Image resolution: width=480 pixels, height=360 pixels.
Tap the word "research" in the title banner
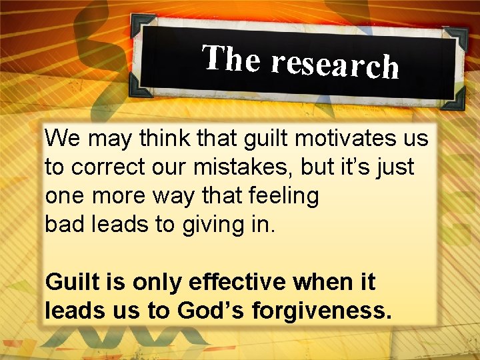coord(334,64)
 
